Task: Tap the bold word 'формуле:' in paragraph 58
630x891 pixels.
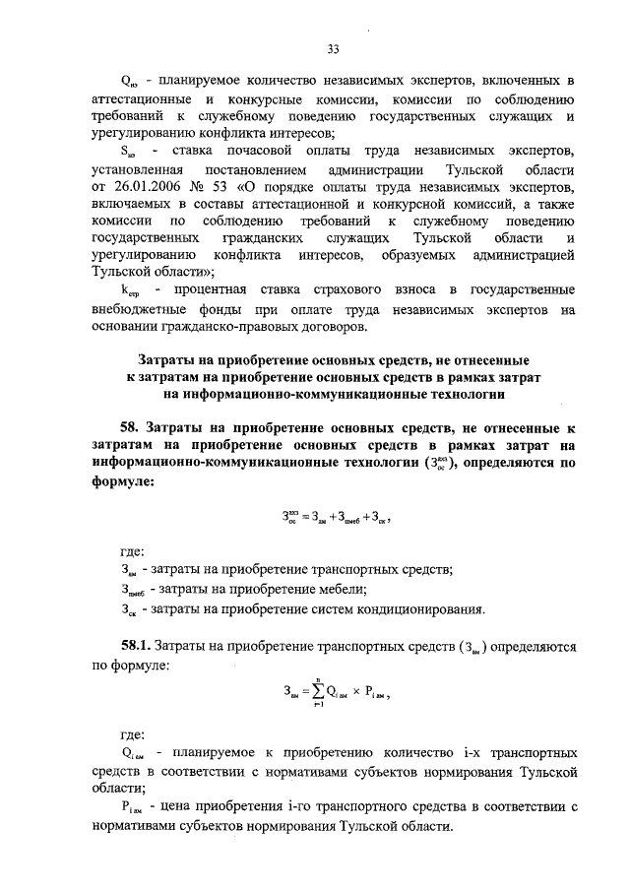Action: coord(122,482)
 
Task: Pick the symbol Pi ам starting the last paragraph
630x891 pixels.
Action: coord(132,808)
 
